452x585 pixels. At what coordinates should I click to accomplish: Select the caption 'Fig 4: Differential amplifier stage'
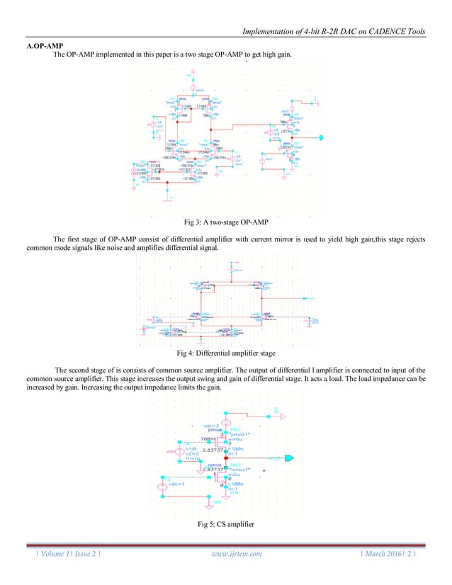(226, 352)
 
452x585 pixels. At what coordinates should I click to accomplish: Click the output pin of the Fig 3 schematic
(320, 137)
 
